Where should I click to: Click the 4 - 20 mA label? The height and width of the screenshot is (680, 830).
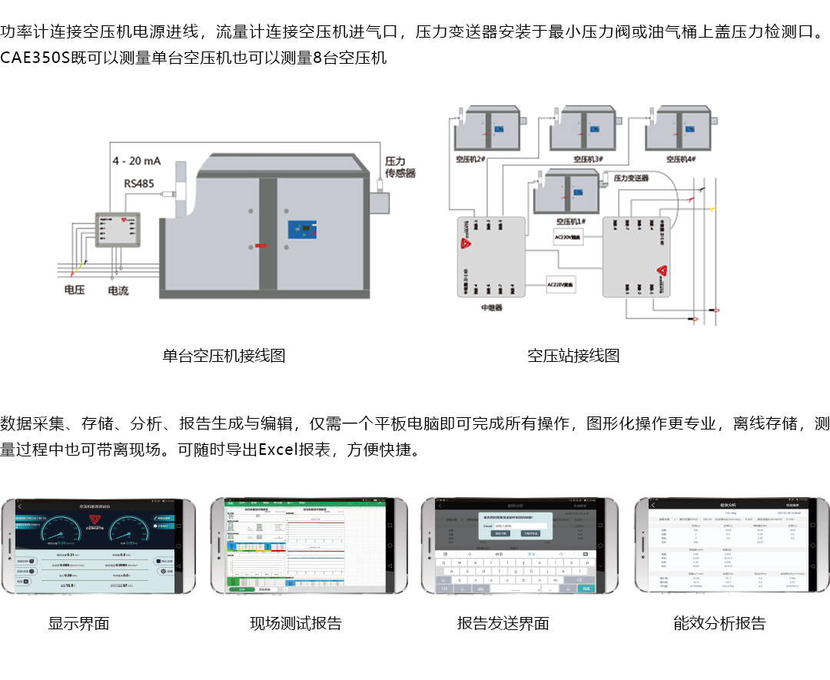point(137,161)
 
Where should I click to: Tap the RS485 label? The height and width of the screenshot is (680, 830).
point(139,184)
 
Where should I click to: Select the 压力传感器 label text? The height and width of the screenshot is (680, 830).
point(400,168)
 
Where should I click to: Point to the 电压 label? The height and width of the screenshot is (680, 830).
point(75,290)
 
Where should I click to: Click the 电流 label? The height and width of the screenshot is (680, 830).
point(118,290)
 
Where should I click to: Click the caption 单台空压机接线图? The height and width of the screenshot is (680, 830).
point(224,356)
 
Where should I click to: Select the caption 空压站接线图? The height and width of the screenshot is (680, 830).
point(573,356)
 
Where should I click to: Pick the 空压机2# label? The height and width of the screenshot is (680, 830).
point(470,159)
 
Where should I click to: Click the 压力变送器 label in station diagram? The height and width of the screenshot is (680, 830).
point(632,177)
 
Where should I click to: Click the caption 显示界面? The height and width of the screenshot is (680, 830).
point(78,623)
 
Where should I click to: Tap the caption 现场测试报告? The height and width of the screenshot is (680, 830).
point(295,623)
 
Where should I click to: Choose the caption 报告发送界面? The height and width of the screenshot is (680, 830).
point(503,623)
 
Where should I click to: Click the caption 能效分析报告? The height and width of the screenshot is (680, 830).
point(719,623)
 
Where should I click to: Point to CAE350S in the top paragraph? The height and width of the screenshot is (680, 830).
point(35,58)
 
